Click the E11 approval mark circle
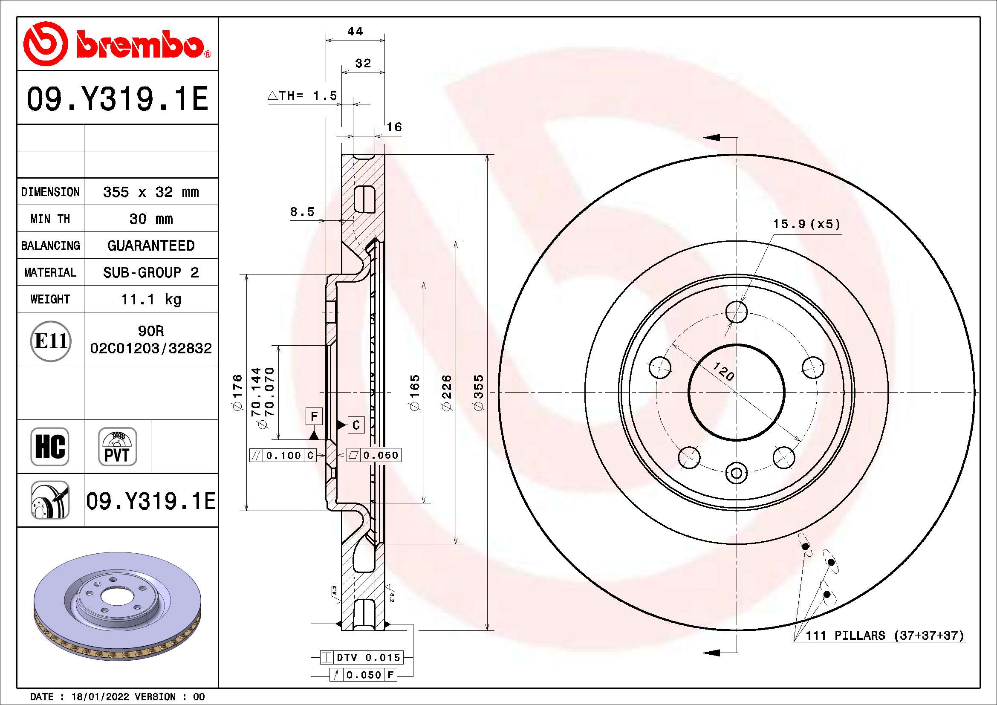pyautogui.click(x=51, y=341)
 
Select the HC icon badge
pyautogui.click(x=50, y=446)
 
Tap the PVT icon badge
pyautogui.click(x=117, y=446)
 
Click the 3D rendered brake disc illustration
pyautogui.click(x=117, y=606)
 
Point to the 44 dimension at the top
pyautogui.click(x=355, y=31)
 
